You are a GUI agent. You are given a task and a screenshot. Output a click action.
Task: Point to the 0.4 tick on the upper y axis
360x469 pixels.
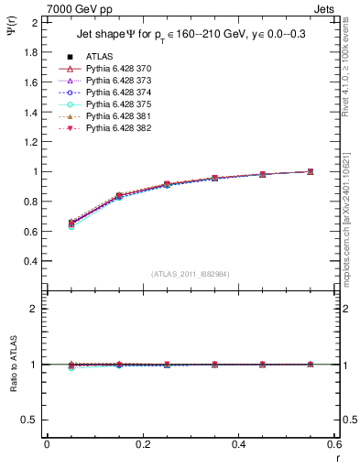31,261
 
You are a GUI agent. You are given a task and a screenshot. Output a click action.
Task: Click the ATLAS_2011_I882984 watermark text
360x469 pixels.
191,274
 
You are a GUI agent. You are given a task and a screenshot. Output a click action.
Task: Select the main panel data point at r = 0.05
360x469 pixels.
71,223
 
